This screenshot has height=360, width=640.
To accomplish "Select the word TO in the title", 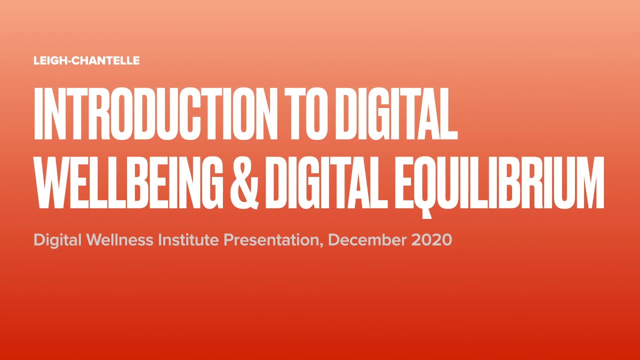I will (304, 114).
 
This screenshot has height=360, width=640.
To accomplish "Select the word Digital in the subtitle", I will (57, 240).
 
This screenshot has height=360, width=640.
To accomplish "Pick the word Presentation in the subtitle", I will (270, 240).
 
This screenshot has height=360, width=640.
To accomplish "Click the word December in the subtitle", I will (367, 240).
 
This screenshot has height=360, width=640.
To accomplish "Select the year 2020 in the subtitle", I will (432, 240).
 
